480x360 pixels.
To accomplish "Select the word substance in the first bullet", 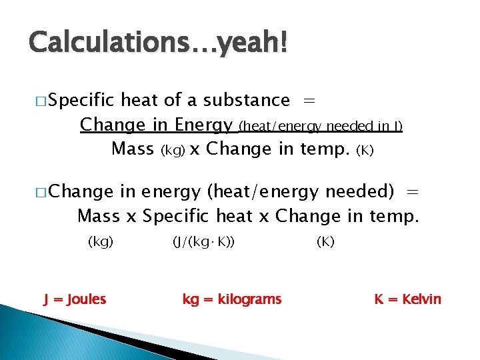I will (x=246, y=100).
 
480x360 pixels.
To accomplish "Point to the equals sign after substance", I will (x=309, y=100).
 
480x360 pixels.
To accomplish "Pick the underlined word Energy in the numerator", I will (x=203, y=125).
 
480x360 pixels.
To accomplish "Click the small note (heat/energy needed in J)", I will (x=320, y=126).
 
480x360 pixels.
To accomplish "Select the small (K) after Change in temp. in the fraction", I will (x=366, y=151).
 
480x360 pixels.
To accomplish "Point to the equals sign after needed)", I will (x=413, y=192).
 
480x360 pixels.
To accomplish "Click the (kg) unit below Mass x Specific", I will (x=101, y=242).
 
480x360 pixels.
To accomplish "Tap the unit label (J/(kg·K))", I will (x=203, y=242).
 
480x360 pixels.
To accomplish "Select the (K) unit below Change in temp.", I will (x=325, y=242).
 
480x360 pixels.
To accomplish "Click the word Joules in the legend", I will (x=84, y=299).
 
